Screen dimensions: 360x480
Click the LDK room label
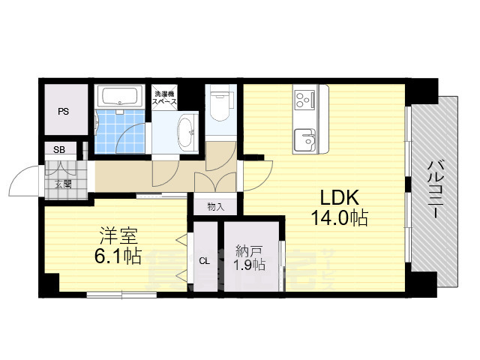pyautogui.click(x=340, y=198)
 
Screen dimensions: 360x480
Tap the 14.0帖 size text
pyautogui.click(x=340, y=218)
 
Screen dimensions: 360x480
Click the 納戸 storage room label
pyautogui.click(x=247, y=250)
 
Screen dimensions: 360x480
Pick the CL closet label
pyautogui.click(x=203, y=261)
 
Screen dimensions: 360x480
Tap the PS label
pyautogui.click(x=63, y=111)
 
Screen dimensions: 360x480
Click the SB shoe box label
pyautogui.click(x=59, y=149)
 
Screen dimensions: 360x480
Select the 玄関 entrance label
pyautogui.click(x=62, y=183)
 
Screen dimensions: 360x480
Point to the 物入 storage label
pyautogui.click(x=215, y=205)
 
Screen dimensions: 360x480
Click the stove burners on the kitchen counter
pyautogui.click(x=305, y=99)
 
